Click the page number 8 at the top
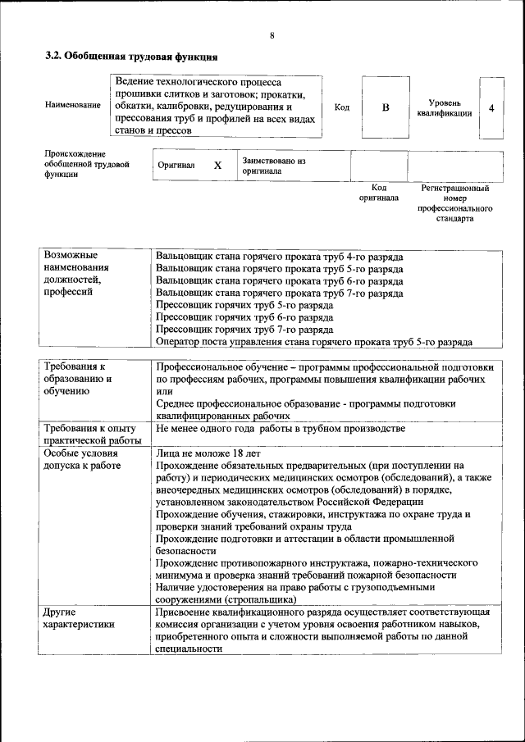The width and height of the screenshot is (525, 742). coord(272,35)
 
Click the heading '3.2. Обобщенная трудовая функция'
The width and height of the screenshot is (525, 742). coord(130,57)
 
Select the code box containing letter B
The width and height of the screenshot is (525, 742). coord(386,107)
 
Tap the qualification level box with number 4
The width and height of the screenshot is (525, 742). coord(491,107)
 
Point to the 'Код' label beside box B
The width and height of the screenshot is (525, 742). coord(342,107)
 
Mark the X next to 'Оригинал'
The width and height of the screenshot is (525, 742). coord(217,166)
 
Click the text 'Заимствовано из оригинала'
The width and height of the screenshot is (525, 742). coord(273,166)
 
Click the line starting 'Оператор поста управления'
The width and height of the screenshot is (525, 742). coord(313,341)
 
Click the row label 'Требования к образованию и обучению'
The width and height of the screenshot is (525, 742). coord(78,379)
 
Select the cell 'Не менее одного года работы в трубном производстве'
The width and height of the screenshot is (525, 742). coord(280,429)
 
